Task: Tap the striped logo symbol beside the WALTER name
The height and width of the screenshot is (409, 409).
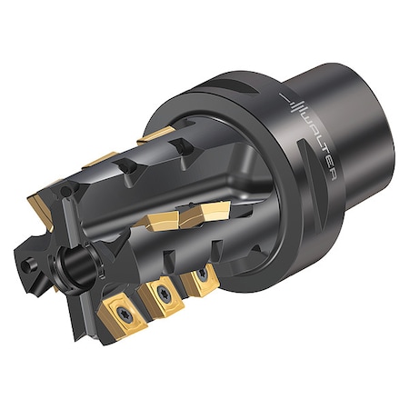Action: [x=293, y=101]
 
